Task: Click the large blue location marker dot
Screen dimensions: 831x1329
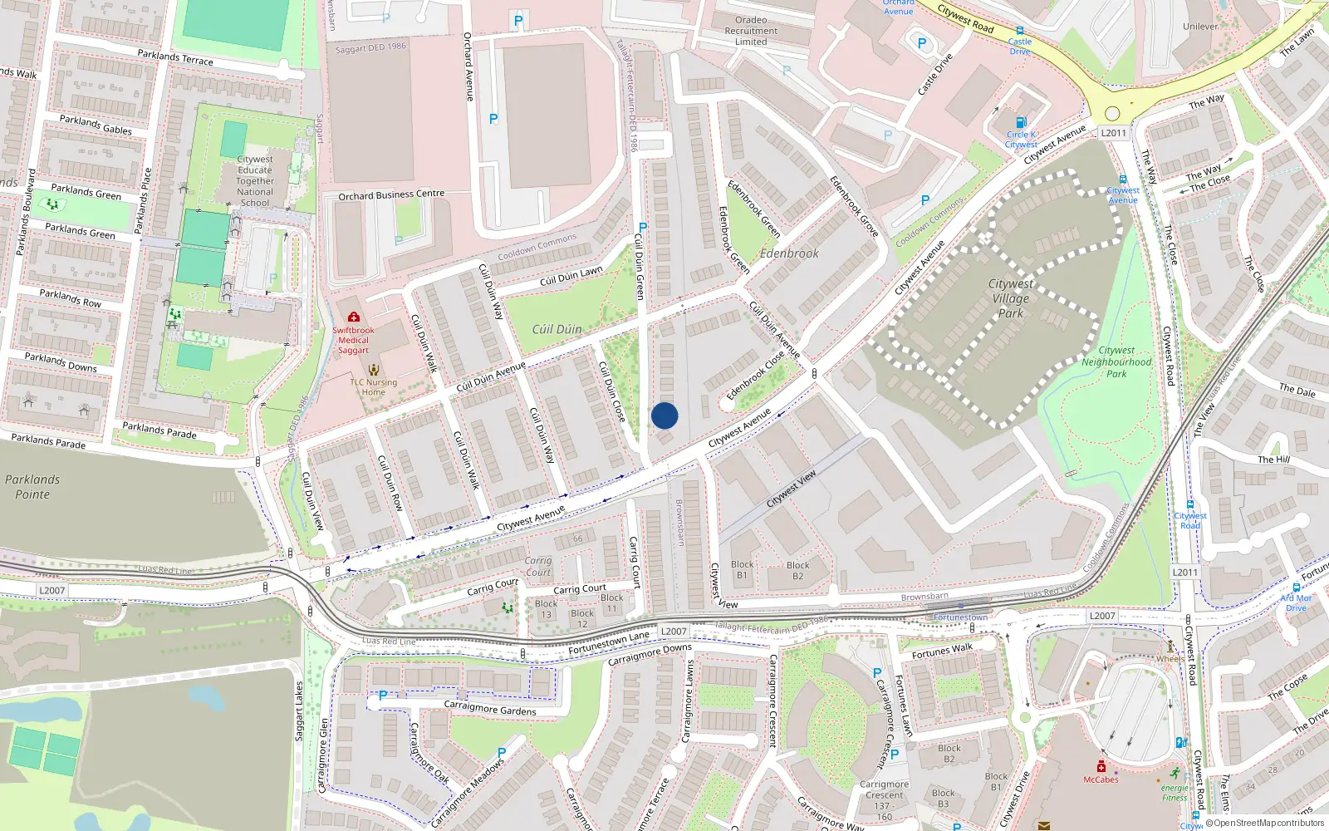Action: pyautogui.click(x=664, y=415)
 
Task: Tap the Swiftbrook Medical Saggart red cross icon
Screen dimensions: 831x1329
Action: pyautogui.click(x=354, y=317)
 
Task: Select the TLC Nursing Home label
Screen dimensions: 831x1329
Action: pyautogui.click(x=373, y=387)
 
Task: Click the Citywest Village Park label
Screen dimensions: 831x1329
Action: pyautogui.click(x=1010, y=298)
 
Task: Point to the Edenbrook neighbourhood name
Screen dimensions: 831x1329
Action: pyautogui.click(x=789, y=253)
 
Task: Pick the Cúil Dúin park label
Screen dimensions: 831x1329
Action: pyautogui.click(x=557, y=329)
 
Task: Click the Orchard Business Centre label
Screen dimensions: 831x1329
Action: pyautogui.click(x=391, y=195)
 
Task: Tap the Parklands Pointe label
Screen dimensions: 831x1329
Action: pyautogui.click(x=32, y=487)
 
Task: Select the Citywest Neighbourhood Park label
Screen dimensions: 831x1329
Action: pyautogui.click(x=1116, y=362)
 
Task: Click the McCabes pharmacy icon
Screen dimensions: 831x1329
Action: pyautogui.click(x=1101, y=766)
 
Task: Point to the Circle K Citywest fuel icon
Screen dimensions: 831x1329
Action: pyautogui.click(x=1022, y=122)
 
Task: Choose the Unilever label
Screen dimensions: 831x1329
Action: pyautogui.click(x=1200, y=27)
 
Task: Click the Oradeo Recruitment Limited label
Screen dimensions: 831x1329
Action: pyautogui.click(x=751, y=31)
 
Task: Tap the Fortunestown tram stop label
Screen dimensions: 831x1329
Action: pyautogui.click(x=960, y=617)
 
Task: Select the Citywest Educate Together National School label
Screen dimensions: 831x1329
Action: pyautogui.click(x=255, y=180)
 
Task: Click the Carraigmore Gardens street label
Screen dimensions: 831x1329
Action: pyautogui.click(x=490, y=708)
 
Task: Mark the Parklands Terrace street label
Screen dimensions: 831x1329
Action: pyautogui.click(x=175, y=57)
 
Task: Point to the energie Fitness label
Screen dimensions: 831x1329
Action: pyautogui.click(x=1175, y=793)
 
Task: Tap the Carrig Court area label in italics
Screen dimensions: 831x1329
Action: pyautogui.click(x=538, y=567)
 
